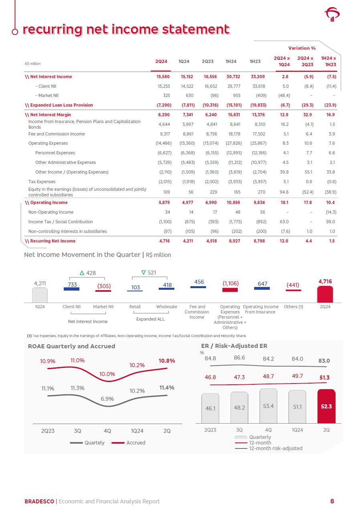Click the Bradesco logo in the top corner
(332, 16)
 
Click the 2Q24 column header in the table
(161, 62)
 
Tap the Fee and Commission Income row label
(57, 134)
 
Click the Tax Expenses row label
(42, 182)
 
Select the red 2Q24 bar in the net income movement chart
(325, 294)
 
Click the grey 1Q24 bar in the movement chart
(40, 295)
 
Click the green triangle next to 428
(82, 273)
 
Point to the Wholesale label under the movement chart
(166, 307)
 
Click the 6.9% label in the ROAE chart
(107, 399)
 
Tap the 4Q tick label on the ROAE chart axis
(107, 431)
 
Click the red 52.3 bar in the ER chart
(326, 406)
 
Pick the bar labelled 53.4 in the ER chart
(268, 406)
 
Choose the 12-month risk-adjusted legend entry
(275, 448)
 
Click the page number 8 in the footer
(332, 501)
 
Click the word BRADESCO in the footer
(39, 501)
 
